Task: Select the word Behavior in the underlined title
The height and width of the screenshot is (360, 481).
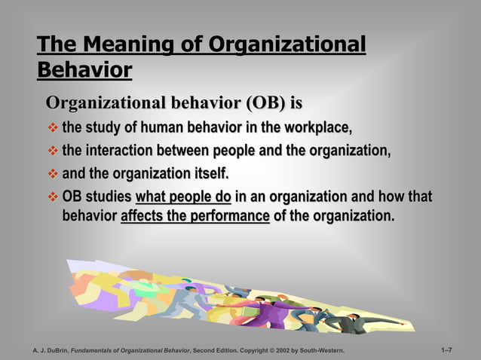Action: click(84, 70)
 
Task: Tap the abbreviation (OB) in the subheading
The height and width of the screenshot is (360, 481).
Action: click(256, 101)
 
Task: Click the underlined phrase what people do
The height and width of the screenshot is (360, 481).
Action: click(183, 198)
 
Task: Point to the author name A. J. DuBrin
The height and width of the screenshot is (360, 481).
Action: click(50, 351)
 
